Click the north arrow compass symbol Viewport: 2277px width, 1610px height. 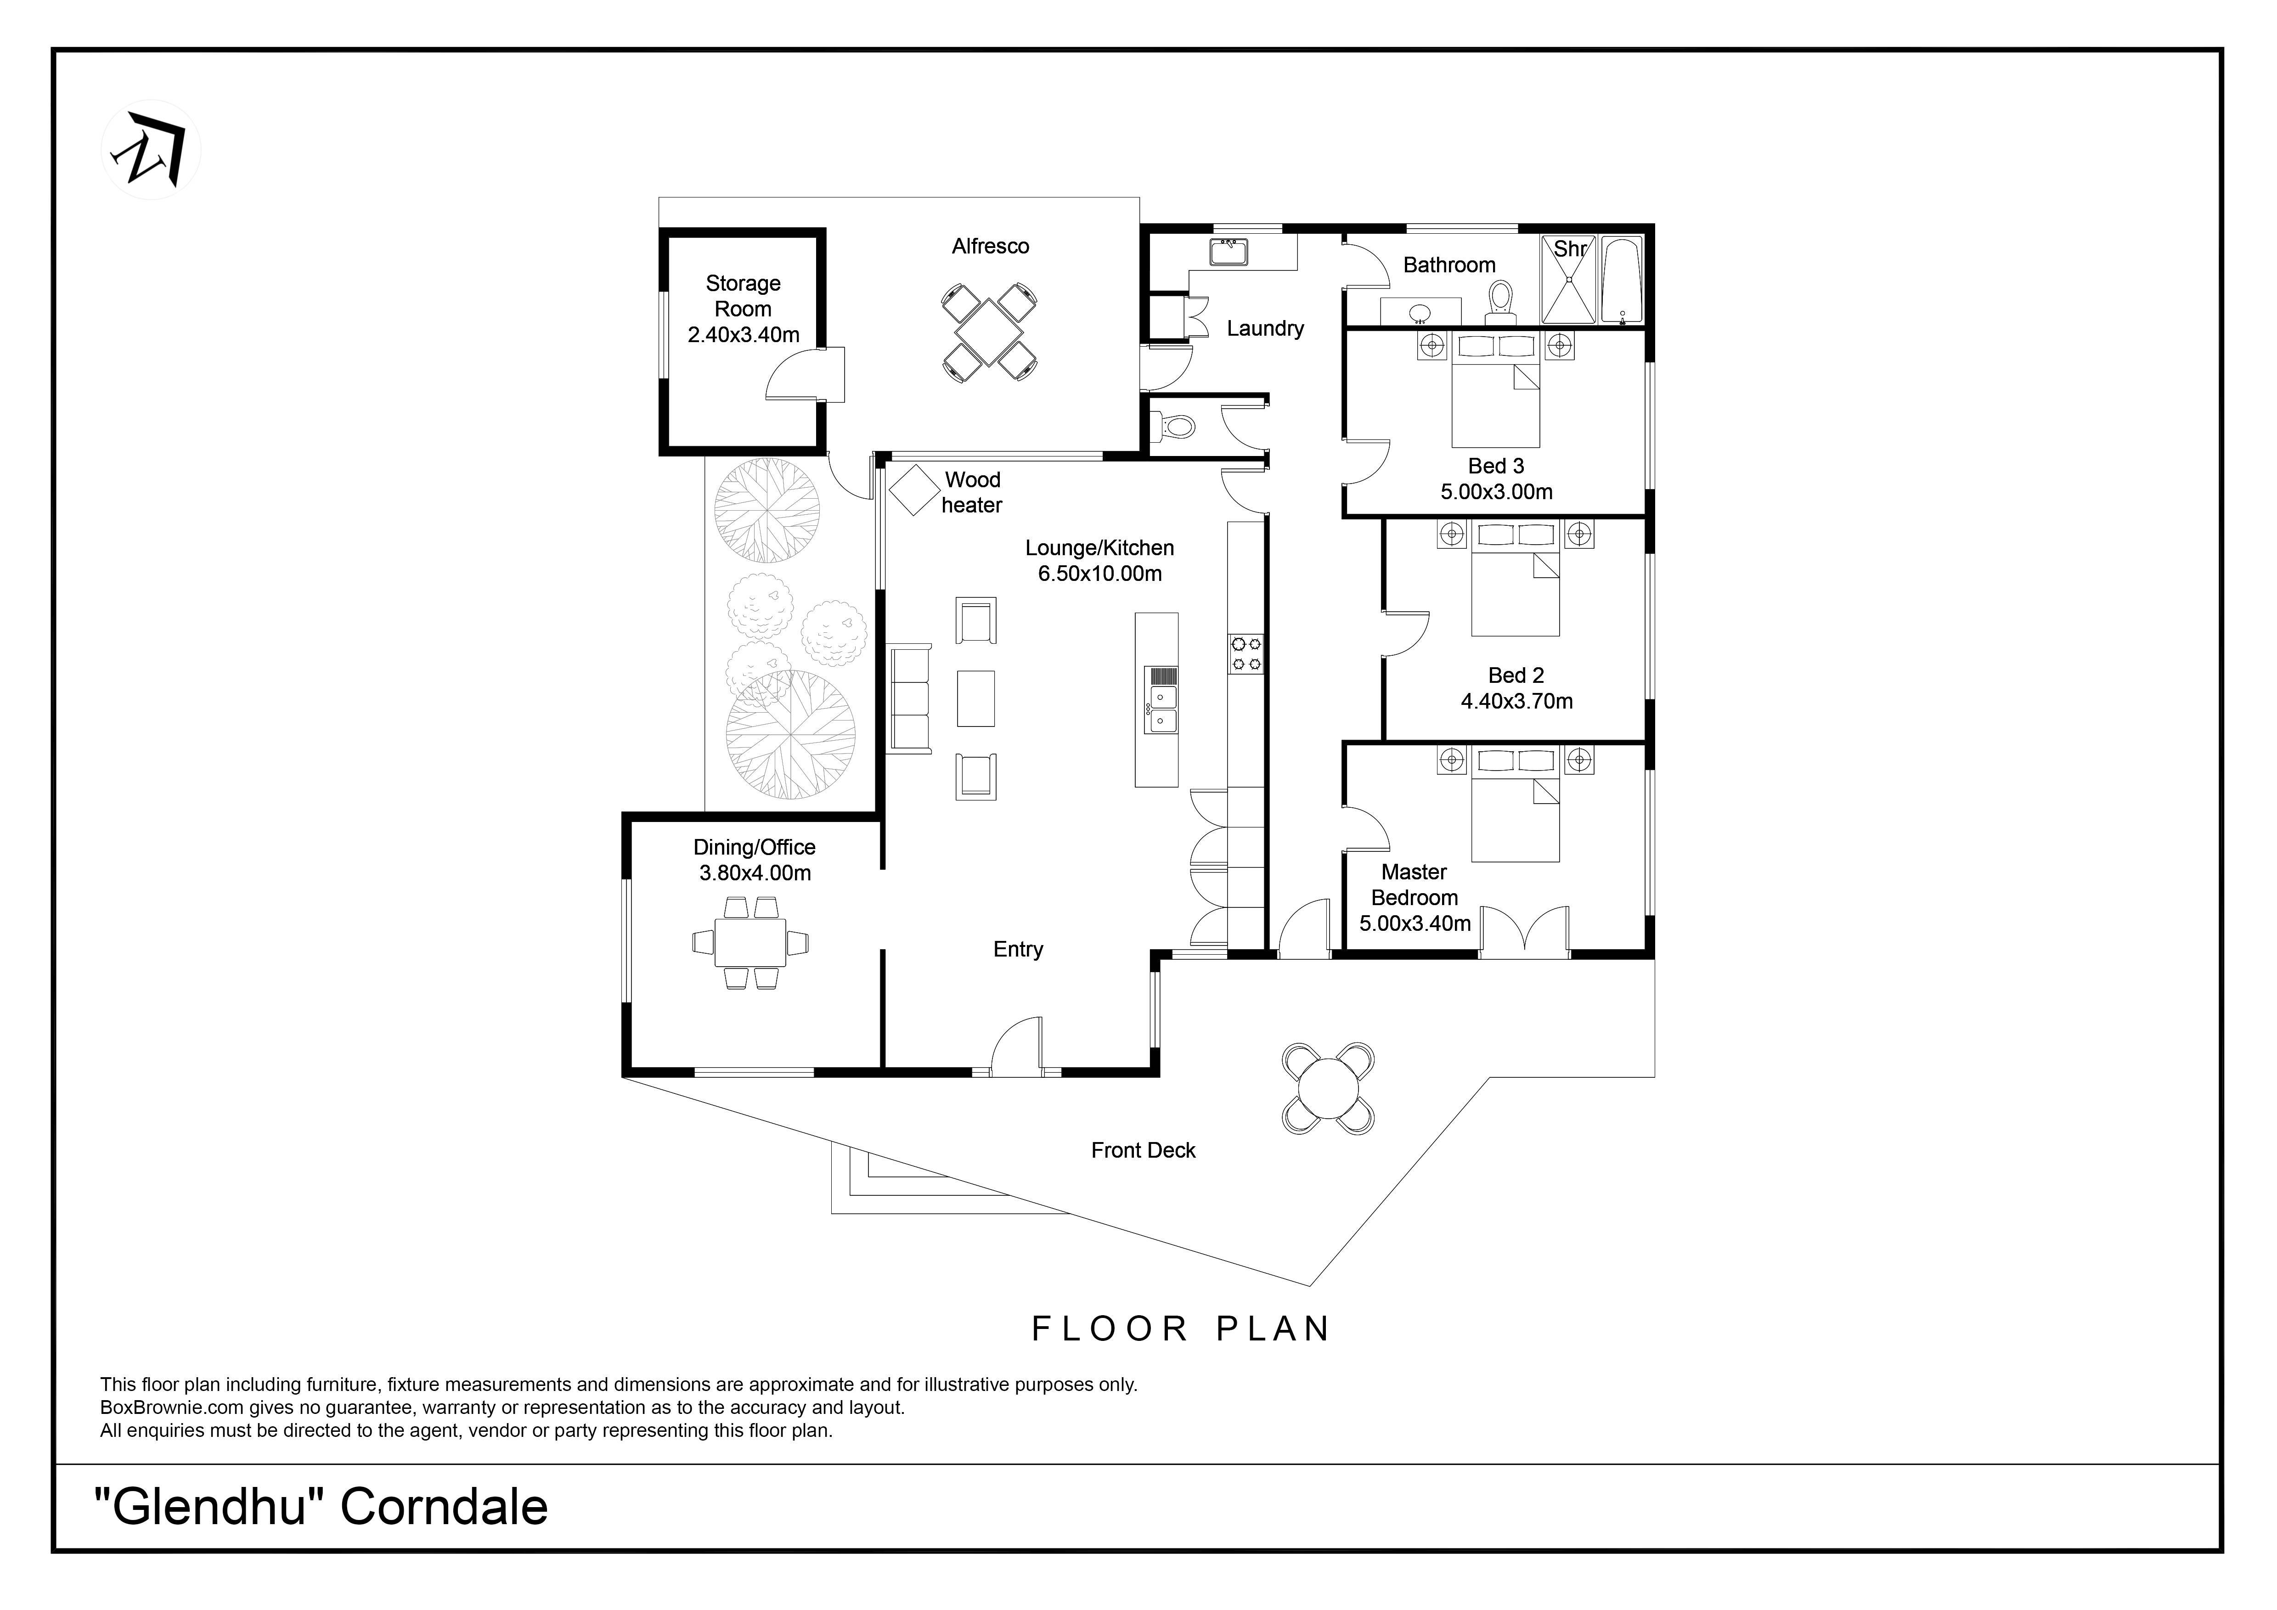(151, 150)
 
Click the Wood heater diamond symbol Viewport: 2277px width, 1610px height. (914, 490)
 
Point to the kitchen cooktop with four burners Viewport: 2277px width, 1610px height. (1246, 654)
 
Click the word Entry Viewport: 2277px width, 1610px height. (1019, 950)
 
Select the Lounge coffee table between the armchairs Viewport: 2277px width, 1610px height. (976, 699)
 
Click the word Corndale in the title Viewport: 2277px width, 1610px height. (444, 1508)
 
